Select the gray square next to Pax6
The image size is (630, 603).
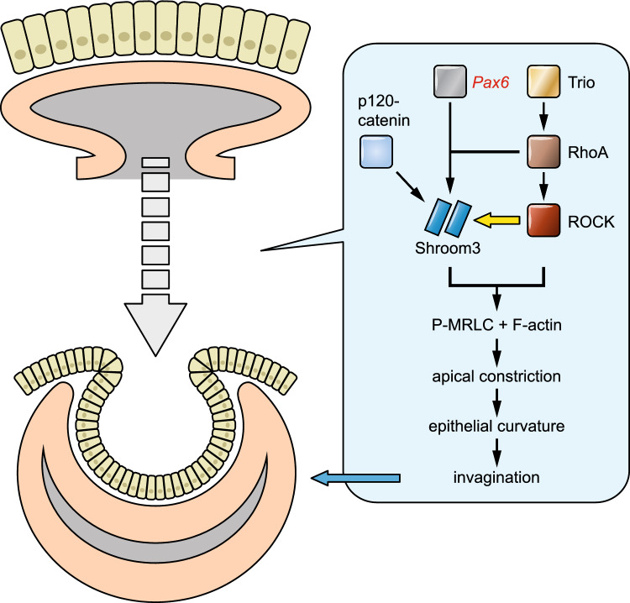tap(450, 82)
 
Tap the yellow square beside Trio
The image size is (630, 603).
tap(543, 82)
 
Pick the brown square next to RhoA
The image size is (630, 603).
tap(543, 153)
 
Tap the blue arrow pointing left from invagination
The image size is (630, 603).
tap(354, 479)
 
